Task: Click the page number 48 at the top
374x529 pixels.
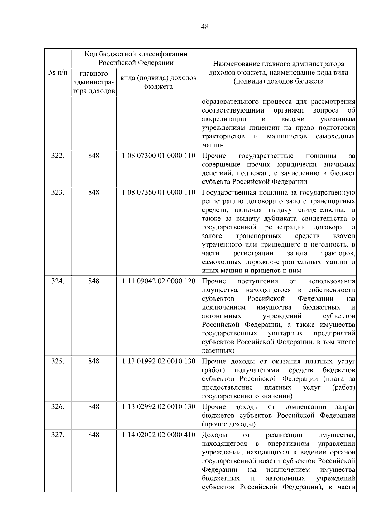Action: pos(205,27)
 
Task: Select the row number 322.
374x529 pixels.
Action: pos(58,156)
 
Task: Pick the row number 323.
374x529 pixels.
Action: pos(58,192)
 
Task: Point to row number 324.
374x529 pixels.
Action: pos(58,281)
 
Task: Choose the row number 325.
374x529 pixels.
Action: pos(58,361)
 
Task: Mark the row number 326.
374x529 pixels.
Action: pos(58,406)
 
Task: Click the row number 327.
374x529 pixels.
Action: pos(58,435)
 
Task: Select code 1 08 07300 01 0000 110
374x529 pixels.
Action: pos(159,156)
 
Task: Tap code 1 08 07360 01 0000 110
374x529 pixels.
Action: pos(159,192)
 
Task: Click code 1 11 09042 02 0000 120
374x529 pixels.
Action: pos(159,281)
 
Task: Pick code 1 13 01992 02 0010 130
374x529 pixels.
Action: pos(159,361)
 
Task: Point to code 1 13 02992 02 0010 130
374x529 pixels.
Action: pos(159,406)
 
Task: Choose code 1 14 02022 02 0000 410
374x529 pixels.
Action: pos(159,435)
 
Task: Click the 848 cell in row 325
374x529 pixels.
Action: pos(93,361)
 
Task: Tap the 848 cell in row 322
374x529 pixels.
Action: pos(93,156)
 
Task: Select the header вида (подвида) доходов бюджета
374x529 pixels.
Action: pos(158,82)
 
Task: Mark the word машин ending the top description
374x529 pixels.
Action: pos(213,145)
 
